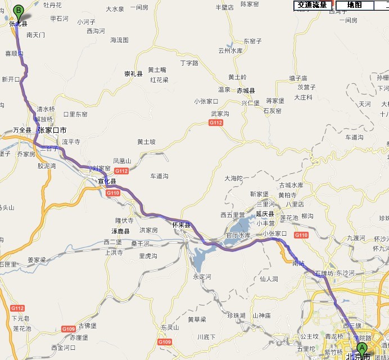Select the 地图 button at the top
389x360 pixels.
coord(354,5)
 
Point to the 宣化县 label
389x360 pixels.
coord(107,181)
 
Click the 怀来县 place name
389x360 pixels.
coord(182,225)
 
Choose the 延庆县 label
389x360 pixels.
coord(264,214)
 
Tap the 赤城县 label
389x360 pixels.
coord(246,91)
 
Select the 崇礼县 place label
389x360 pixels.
coord(134,74)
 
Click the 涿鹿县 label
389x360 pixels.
coord(119,231)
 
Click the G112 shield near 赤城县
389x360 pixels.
coord(216,123)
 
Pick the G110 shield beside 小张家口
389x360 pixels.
coord(301,235)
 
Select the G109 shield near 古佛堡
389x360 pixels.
coord(68,328)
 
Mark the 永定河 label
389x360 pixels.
coord(202,277)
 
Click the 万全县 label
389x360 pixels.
coord(22,130)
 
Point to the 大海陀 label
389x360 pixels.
coord(233,178)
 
